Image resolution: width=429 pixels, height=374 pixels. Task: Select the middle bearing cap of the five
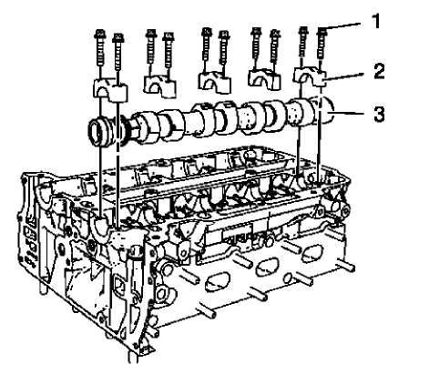(x=214, y=83)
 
